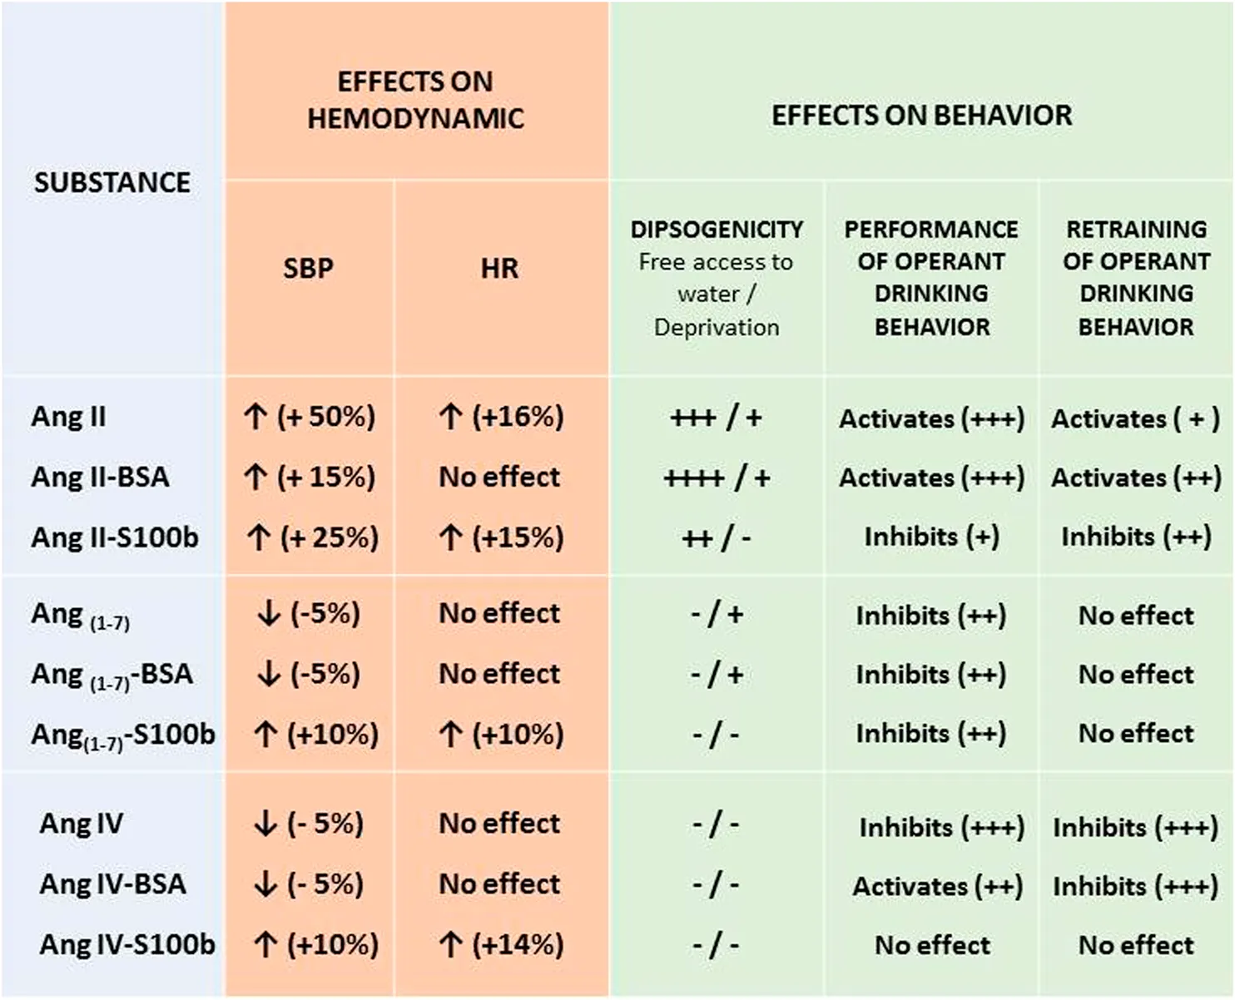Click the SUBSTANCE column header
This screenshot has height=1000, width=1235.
[x=112, y=182]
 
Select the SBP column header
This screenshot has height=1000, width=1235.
[x=308, y=268]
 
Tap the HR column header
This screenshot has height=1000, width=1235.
[x=499, y=268]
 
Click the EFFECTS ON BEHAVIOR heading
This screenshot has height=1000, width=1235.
[x=921, y=115]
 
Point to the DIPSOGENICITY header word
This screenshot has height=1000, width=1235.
[x=717, y=229]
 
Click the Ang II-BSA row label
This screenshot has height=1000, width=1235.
[x=100, y=477]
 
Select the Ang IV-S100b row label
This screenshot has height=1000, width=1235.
[x=126, y=944]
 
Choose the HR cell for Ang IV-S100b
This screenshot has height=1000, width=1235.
[x=500, y=944]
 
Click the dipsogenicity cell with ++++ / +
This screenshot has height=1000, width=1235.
[x=717, y=478]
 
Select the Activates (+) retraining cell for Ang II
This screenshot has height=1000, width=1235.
[x=1135, y=418]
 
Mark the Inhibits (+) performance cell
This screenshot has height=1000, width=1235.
[x=931, y=537]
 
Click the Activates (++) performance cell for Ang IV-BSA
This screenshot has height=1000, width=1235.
[x=937, y=886]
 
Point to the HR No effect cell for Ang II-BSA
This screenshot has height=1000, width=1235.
[x=499, y=477]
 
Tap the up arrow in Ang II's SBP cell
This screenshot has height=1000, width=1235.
[x=255, y=416]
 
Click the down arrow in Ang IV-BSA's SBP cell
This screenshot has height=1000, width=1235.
[x=265, y=884]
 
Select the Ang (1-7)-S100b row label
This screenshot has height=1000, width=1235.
[x=122, y=735]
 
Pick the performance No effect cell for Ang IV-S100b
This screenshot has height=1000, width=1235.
[x=932, y=945]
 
